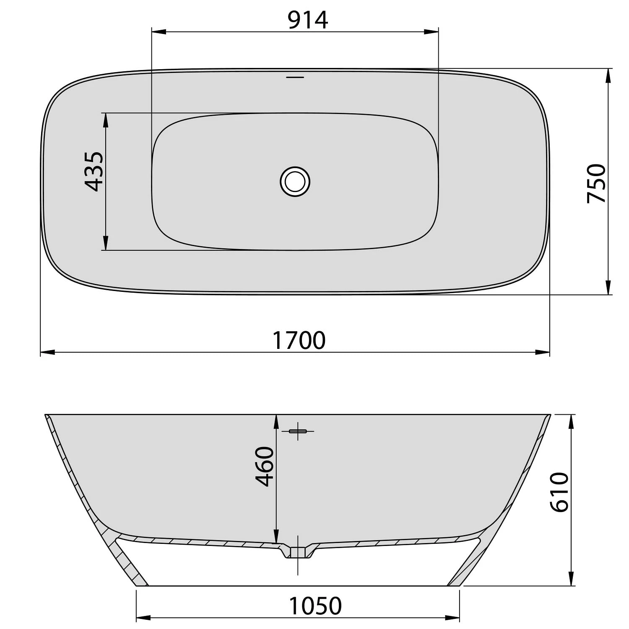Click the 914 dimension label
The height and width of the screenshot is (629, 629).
coord(308,20)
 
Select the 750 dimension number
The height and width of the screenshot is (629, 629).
coord(596,183)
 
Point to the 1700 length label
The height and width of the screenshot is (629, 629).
coord(299,340)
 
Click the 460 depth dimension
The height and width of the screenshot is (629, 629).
coord(265,466)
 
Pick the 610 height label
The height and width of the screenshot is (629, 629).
coord(559,492)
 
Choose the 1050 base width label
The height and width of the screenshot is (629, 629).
coord(315,606)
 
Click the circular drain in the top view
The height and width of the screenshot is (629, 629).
coord(295,182)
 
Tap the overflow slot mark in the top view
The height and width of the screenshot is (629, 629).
coord(295,77)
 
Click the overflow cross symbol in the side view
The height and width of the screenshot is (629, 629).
coord(298,431)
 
